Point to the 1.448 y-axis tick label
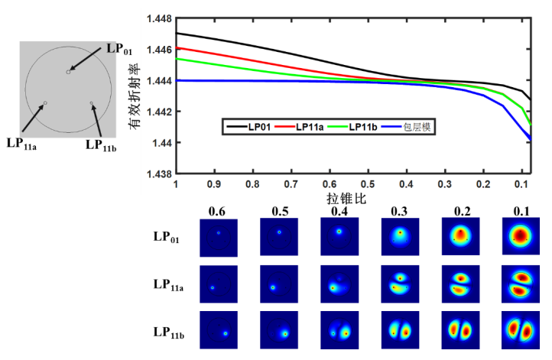pos(158,18)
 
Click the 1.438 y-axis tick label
pos(158,174)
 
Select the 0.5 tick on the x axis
pos(369,185)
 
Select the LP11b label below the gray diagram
pos(100,144)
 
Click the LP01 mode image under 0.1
pos(521,238)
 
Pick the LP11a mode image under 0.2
pos(460,284)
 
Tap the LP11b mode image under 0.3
pos(400,330)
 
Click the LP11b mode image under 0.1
pos(521,330)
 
